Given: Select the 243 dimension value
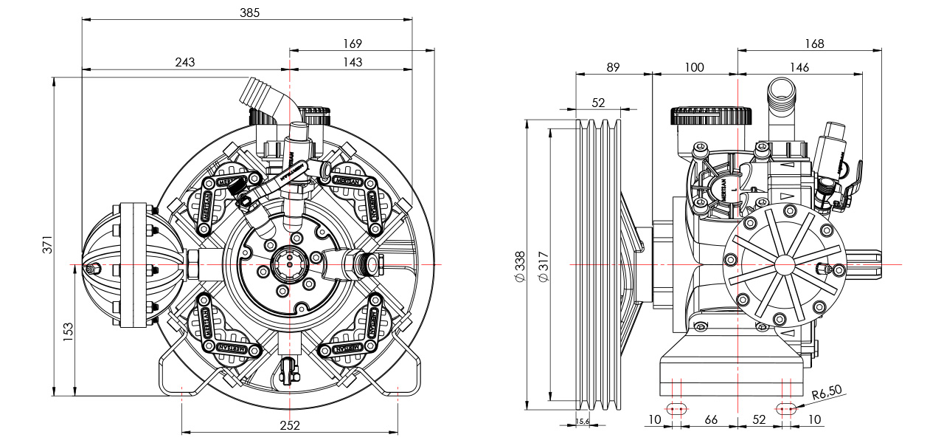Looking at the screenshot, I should [185, 63].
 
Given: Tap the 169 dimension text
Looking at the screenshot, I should [353, 44].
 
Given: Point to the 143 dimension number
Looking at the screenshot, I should [353, 63].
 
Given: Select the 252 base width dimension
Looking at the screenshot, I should [289, 426].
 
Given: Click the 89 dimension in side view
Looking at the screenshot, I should [613, 67].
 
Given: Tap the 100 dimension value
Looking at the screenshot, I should [694, 67].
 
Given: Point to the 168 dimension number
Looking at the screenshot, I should [814, 44].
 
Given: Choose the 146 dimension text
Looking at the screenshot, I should [799, 67].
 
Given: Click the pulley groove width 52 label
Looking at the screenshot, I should [598, 102].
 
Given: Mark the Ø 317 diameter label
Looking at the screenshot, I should [543, 266].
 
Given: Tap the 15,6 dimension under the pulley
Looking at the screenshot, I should [582, 421].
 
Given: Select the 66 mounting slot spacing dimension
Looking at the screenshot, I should [711, 419].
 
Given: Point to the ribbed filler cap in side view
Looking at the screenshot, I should [711, 117].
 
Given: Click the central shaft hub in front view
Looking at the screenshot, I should [290, 264].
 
